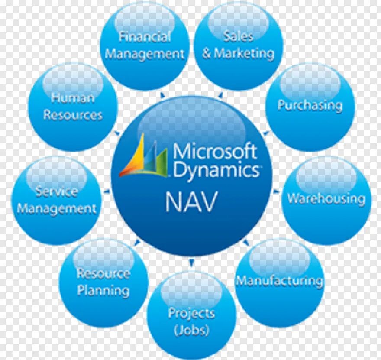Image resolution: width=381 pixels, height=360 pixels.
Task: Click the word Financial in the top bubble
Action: click(x=145, y=37)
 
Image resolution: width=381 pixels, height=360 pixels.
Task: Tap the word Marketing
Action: click(x=244, y=53)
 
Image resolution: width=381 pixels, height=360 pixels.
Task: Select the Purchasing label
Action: click(x=310, y=105)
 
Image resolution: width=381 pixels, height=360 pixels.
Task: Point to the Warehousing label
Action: click(x=326, y=199)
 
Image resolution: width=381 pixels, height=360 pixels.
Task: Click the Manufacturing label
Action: click(x=279, y=281)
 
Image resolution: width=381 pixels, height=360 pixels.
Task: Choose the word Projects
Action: click(x=191, y=312)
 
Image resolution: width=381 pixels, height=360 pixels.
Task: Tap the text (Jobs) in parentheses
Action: click(x=191, y=330)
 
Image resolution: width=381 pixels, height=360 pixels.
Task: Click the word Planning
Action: click(x=103, y=290)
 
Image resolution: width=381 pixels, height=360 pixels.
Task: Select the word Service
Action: click(x=57, y=191)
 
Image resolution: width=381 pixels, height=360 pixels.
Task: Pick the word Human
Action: click(x=73, y=97)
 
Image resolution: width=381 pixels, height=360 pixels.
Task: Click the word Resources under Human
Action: click(x=73, y=115)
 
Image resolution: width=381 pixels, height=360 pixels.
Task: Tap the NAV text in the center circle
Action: click(x=190, y=203)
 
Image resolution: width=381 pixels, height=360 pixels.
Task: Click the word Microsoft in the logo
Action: click(x=215, y=152)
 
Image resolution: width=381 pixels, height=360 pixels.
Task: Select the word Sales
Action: click(x=238, y=36)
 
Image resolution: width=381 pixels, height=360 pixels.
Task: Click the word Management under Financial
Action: click(x=145, y=54)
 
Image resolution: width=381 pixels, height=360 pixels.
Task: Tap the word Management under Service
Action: click(x=57, y=208)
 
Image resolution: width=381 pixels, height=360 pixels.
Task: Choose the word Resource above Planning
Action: click(x=103, y=273)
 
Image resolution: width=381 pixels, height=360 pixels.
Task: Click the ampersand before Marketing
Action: click(x=207, y=54)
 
